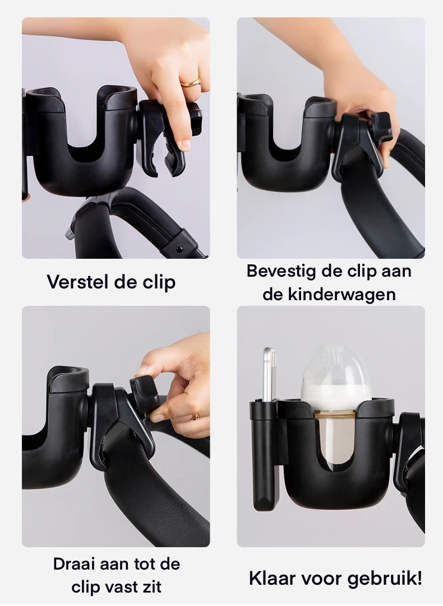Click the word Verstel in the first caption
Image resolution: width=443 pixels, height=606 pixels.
[x=77, y=282]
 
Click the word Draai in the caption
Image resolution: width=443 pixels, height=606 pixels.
[x=77, y=563]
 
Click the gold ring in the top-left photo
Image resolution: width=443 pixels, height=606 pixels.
[x=191, y=82]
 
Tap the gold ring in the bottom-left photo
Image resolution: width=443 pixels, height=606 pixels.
[x=195, y=417]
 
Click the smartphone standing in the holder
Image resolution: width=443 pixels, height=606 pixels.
[x=270, y=374]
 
